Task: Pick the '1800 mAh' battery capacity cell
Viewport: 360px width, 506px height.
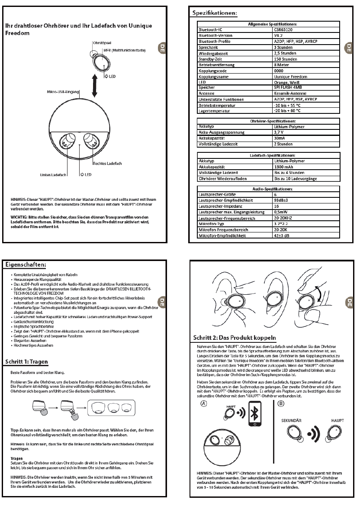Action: click(x=284, y=166)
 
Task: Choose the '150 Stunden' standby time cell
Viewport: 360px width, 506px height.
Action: click(x=286, y=59)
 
